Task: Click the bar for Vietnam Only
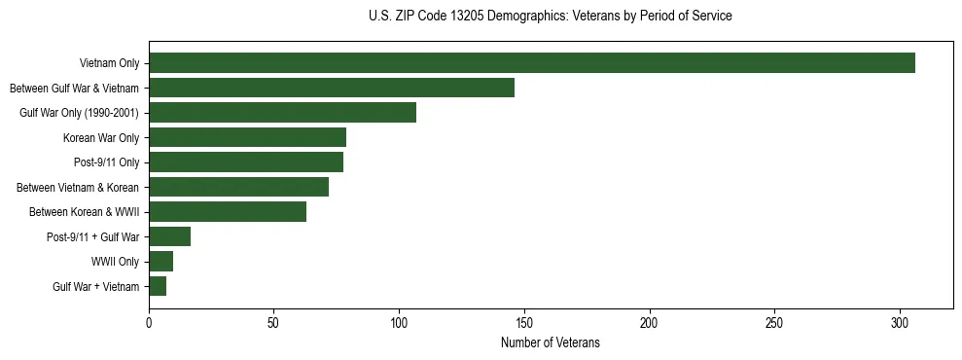tap(532, 63)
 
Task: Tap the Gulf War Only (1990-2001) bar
tap(282, 113)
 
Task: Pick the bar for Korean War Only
tap(247, 137)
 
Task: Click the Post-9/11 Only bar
tap(246, 162)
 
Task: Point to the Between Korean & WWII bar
tap(228, 212)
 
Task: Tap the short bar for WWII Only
tap(160, 262)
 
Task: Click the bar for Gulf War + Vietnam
tap(158, 286)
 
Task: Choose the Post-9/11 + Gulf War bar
tap(169, 236)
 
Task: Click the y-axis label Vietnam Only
tap(109, 63)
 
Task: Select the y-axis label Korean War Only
tap(101, 137)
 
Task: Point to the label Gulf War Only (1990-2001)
tap(79, 113)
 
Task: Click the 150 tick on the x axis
tap(524, 322)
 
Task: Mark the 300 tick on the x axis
tap(900, 322)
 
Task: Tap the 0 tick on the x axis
tap(149, 322)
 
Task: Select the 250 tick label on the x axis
tap(774, 322)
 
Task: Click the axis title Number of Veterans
tap(550, 343)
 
